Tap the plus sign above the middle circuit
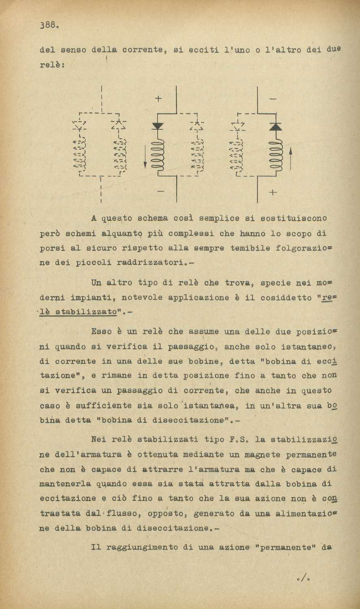tap(158, 98)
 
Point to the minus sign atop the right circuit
tap(272, 98)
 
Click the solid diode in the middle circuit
tap(157, 125)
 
